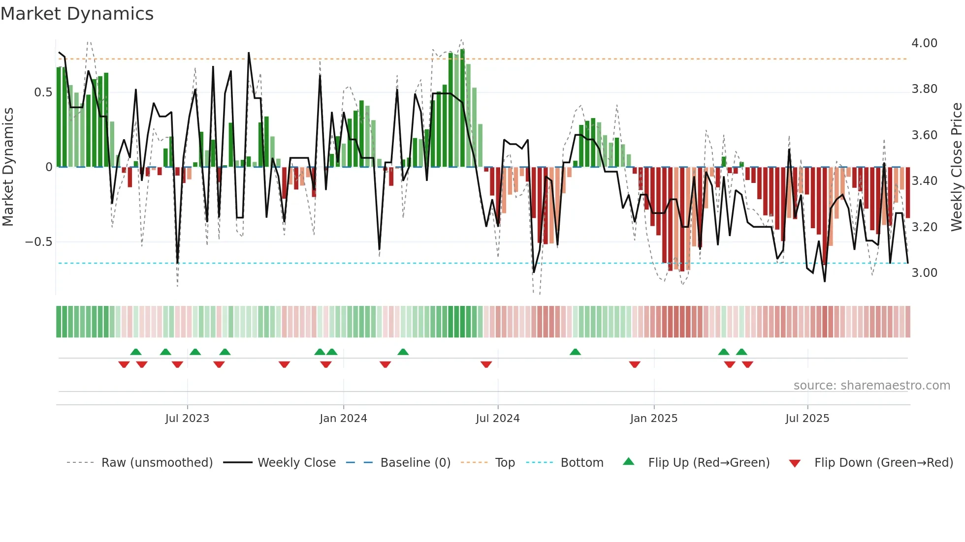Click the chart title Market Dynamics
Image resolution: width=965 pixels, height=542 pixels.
click(x=77, y=14)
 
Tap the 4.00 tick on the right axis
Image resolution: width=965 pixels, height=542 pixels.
click(x=924, y=43)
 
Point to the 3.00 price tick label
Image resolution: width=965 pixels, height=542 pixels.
click(x=924, y=273)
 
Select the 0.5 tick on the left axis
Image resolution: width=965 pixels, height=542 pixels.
click(x=43, y=92)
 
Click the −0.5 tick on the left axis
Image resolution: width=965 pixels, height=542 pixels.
click(x=38, y=242)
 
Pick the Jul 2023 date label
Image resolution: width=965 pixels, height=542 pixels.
click(x=187, y=419)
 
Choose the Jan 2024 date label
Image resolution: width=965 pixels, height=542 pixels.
click(x=343, y=419)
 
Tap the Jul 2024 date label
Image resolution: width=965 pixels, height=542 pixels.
click(x=497, y=419)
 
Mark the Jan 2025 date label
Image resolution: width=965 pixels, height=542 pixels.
click(x=653, y=419)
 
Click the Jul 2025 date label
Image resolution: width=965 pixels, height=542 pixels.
click(x=807, y=419)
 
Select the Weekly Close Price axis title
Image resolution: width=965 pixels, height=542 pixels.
click(x=956, y=167)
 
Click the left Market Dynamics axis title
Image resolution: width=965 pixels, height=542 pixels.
click(x=8, y=167)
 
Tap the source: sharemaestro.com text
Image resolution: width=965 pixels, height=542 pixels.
click(x=871, y=386)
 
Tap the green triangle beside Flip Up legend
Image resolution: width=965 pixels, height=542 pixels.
click(x=629, y=462)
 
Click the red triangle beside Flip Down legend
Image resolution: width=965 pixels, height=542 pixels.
click(x=795, y=463)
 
